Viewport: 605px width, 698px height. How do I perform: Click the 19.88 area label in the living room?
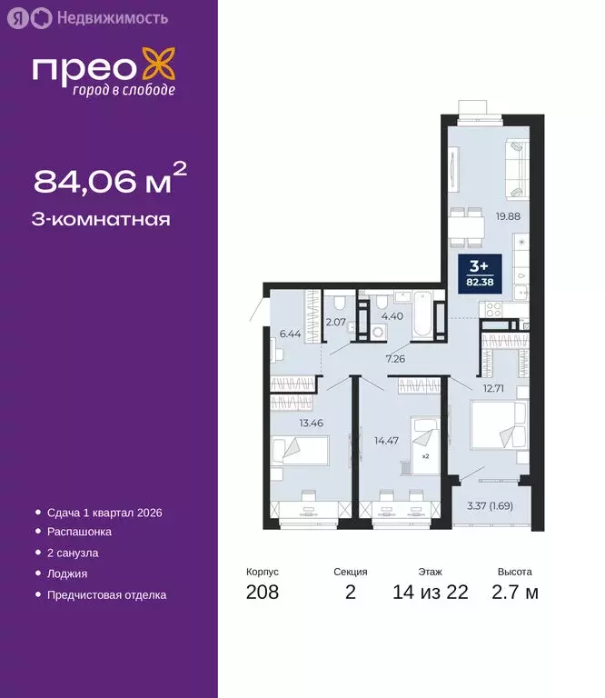pyautogui.click(x=508, y=216)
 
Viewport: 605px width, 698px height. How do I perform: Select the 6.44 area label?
pyautogui.click(x=290, y=334)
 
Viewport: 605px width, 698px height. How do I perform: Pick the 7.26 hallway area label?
pyautogui.click(x=395, y=359)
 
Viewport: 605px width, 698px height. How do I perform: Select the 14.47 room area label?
pyautogui.click(x=386, y=441)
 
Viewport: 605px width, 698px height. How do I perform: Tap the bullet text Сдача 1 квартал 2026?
pyautogui.click(x=105, y=513)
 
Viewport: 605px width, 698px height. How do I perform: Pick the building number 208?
pyautogui.click(x=263, y=593)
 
